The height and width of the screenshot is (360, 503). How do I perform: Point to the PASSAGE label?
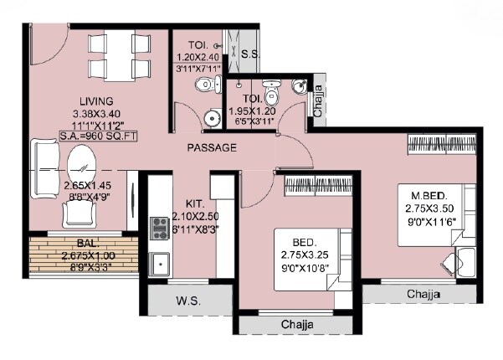211,147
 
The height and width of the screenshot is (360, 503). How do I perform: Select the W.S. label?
187,301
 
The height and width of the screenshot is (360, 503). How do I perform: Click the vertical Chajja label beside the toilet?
318,102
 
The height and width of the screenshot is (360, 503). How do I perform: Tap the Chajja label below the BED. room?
297,324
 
